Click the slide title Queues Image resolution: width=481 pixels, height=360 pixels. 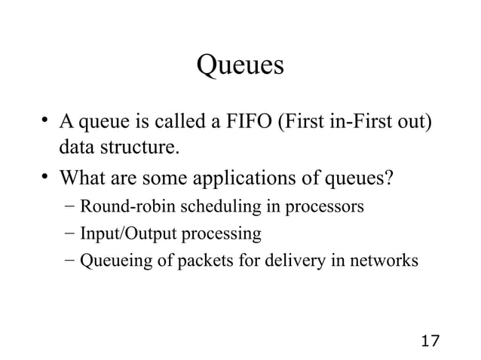click(x=240, y=66)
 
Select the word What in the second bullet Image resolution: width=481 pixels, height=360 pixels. click(x=81, y=179)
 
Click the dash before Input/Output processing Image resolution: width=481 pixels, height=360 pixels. click(x=69, y=234)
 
